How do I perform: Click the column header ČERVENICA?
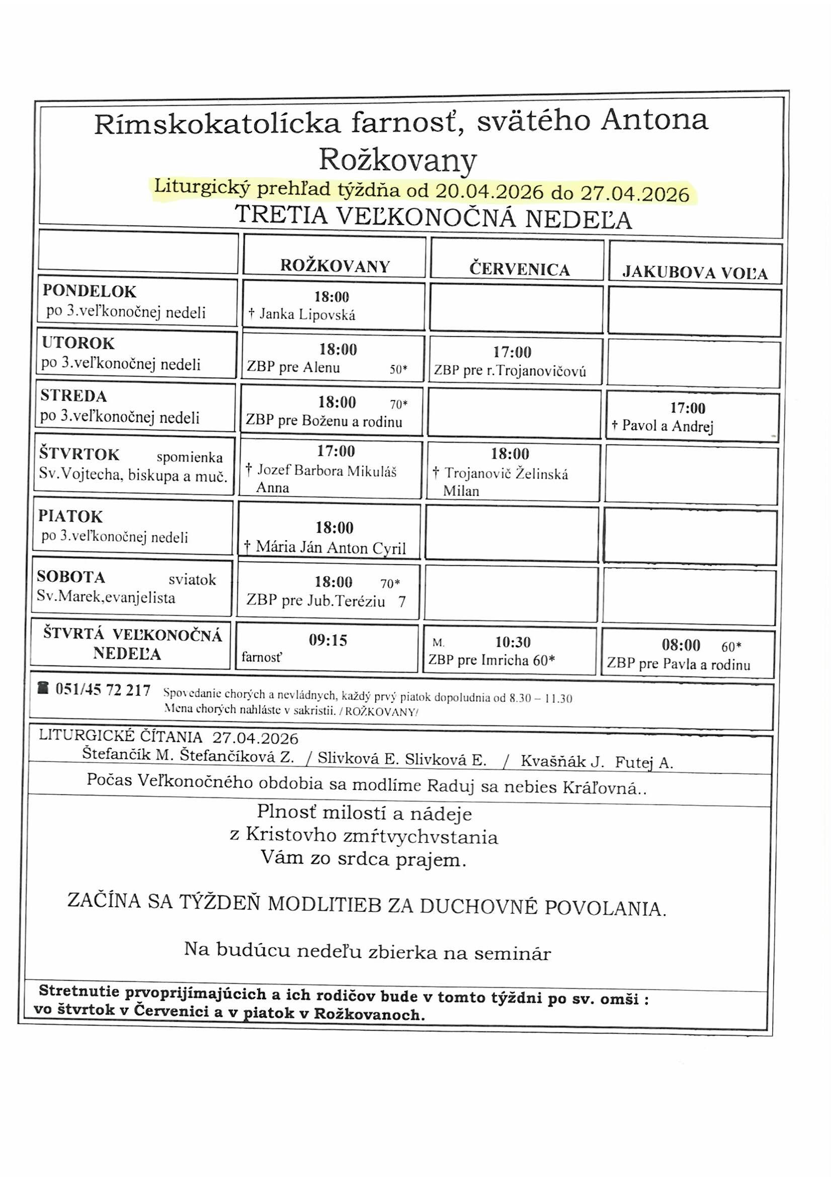tap(520, 270)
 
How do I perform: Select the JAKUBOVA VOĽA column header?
tap(695, 273)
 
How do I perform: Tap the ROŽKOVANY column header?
tap(335, 266)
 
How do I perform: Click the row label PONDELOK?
tap(90, 291)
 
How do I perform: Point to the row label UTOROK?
tap(78, 343)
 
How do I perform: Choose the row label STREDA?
tap(74, 396)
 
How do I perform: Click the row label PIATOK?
tap(71, 516)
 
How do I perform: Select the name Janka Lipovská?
tap(307, 314)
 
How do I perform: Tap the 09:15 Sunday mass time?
tap(328, 640)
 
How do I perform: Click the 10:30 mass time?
tap(512, 642)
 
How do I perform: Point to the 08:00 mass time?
tap(681, 645)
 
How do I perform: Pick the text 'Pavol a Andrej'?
tap(667, 426)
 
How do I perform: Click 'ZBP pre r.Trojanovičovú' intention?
tap(510, 371)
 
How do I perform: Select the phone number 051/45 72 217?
tap(103, 691)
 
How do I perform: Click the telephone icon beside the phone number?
tap(44, 689)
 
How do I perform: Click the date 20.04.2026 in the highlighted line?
tap(489, 192)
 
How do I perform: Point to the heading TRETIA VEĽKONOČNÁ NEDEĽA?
tap(433, 217)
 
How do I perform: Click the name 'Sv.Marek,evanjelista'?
tap(106, 598)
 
